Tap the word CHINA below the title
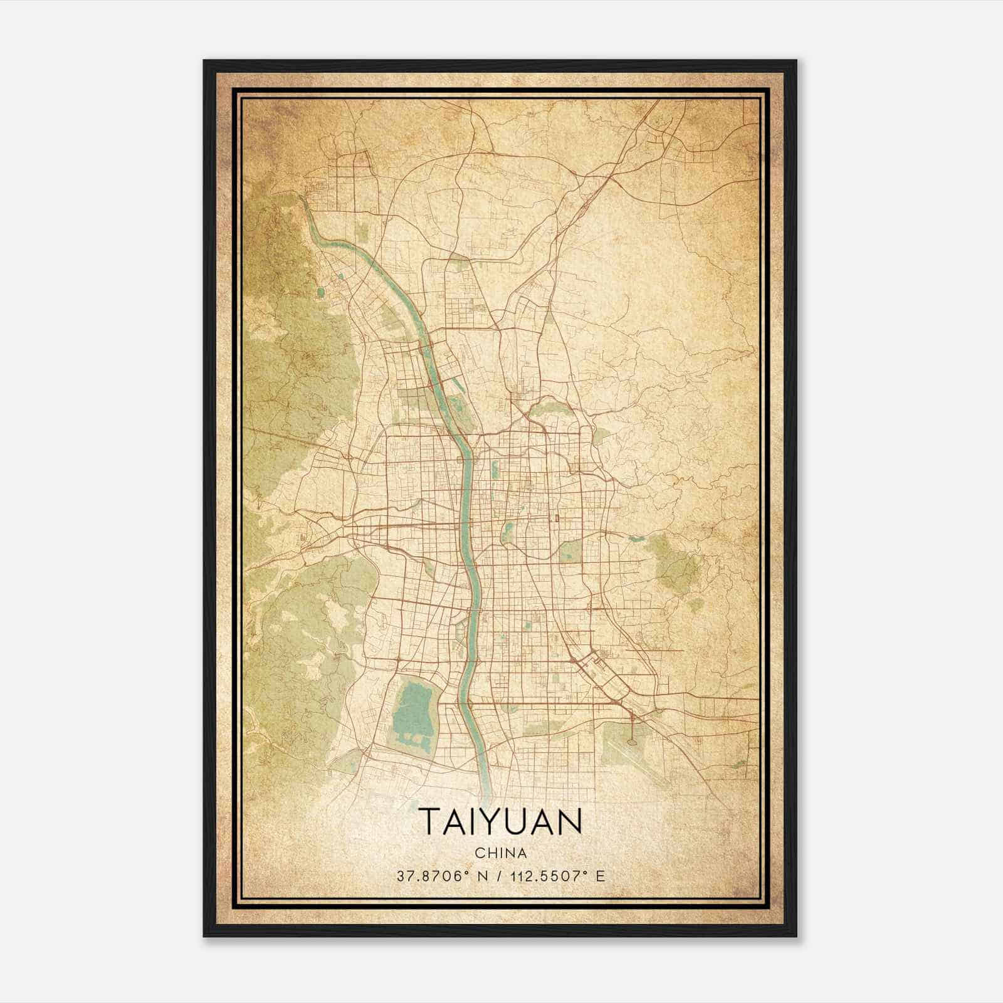point(500,853)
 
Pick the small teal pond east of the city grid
point(636,538)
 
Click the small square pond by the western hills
point(321,291)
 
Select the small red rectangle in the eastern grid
point(556,518)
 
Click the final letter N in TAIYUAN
point(570,821)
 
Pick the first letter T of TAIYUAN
point(429,821)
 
